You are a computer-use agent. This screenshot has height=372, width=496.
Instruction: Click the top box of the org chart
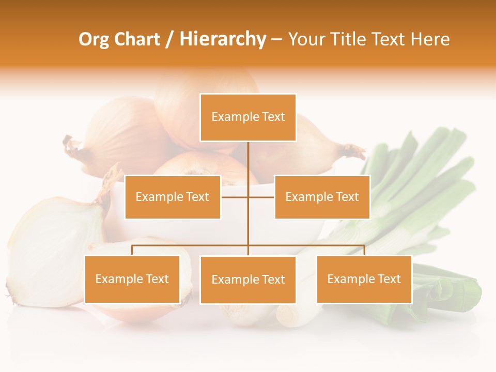click(248, 117)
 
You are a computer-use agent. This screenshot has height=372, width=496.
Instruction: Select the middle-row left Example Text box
click(173, 197)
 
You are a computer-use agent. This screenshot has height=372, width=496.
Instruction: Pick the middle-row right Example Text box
click(322, 197)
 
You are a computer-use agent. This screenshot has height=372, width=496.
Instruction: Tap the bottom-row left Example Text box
click(132, 279)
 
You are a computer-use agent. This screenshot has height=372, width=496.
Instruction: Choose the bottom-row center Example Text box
click(248, 280)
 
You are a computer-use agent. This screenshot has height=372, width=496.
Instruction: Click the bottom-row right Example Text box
click(364, 279)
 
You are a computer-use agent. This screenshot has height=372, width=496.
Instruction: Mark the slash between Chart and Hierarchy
click(170, 39)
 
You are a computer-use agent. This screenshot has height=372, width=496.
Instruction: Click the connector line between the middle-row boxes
click(248, 197)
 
